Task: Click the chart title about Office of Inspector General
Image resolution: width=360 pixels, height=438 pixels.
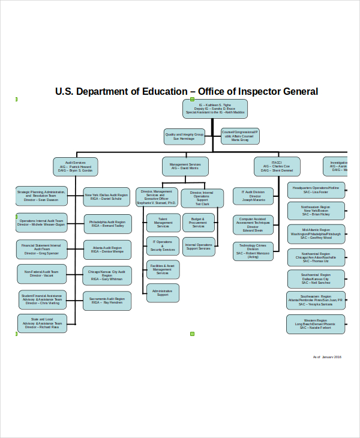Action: tap(186, 92)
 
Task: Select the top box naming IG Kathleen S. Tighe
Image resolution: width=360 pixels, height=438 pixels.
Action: tap(215, 108)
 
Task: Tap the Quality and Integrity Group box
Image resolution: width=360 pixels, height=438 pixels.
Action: tap(184, 136)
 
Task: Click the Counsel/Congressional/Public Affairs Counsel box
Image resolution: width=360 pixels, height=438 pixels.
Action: tap(239, 136)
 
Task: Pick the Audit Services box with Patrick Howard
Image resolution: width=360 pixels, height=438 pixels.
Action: tap(75, 166)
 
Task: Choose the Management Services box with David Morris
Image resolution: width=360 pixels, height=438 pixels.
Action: tap(185, 166)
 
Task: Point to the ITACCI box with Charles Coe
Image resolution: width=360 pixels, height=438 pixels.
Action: tap(276, 166)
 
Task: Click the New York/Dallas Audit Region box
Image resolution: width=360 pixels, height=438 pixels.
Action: tap(106, 197)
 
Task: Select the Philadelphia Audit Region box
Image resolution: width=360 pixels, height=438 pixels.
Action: tap(107, 224)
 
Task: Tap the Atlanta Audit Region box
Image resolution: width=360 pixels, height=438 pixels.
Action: tap(107, 250)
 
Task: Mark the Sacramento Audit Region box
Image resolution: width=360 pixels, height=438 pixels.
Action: tap(107, 301)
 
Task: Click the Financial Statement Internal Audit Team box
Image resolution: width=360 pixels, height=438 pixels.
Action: tap(41, 249)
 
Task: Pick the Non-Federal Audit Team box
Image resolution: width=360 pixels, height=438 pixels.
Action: tap(41, 274)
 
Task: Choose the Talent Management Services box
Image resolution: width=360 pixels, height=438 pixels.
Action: tap(163, 223)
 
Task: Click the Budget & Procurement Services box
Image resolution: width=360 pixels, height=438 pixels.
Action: tap(199, 223)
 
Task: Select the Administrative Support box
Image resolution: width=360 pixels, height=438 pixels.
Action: tap(163, 293)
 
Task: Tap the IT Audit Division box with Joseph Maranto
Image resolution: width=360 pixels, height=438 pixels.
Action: tap(253, 196)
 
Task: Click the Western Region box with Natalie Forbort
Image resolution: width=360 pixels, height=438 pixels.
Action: tap(316, 324)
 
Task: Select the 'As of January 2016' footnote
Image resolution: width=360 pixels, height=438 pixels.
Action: tap(327, 357)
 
